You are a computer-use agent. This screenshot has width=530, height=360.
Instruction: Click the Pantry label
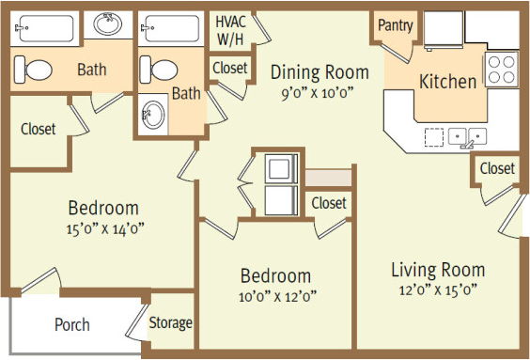coord(395,25)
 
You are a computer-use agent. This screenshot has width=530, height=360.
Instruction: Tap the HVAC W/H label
coord(230,31)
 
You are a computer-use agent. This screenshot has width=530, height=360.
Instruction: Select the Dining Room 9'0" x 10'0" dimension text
coord(318,93)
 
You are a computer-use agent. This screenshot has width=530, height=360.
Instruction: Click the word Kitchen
coord(448,82)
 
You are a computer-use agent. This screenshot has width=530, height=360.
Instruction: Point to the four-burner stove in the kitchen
coord(501,70)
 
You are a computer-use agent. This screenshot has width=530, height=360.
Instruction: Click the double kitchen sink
coord(467,136)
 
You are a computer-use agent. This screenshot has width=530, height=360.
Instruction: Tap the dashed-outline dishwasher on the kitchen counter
coord(434,137)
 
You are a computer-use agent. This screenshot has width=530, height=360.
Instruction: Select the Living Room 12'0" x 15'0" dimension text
coord(438,290)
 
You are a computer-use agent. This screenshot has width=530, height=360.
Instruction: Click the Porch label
coord(72,325)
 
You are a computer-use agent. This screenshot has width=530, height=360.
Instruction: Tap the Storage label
coord(171,322)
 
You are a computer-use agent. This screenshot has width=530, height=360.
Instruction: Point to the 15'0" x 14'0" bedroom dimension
coord(105,228)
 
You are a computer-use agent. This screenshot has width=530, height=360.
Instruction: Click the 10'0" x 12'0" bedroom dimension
coord(277,297)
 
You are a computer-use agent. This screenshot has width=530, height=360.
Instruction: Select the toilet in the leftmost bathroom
coord(33,70)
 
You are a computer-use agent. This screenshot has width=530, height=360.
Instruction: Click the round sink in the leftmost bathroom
coord(108,23)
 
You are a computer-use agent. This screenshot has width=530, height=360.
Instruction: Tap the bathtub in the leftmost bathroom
coord(44,28)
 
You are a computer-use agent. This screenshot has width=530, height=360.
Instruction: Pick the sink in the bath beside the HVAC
coord(153,115)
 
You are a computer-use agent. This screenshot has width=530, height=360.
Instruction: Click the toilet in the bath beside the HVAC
coord(159,70)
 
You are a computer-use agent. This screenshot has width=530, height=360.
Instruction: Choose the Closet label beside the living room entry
coord(497,168)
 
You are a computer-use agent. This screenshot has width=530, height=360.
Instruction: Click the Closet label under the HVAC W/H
coord(230,68)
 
